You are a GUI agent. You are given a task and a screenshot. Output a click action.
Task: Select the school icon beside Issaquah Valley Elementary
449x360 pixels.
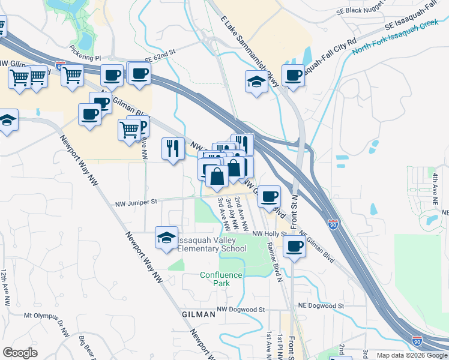click(166, 237)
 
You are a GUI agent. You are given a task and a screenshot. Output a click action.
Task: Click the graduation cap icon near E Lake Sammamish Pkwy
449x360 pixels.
click(256, 82)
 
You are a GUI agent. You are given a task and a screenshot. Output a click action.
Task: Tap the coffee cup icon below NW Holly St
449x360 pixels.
click(294, 246)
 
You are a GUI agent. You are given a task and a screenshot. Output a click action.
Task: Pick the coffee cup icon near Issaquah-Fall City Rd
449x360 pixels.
click(293, 76)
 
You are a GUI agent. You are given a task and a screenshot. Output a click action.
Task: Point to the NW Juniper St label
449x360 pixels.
click(136, 202)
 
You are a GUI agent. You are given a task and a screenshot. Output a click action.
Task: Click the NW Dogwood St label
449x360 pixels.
click(241, 310)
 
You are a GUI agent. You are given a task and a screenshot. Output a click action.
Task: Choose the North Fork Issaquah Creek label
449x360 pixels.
click(396, 40)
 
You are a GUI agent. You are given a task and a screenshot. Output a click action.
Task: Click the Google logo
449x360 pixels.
click(20, 353)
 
